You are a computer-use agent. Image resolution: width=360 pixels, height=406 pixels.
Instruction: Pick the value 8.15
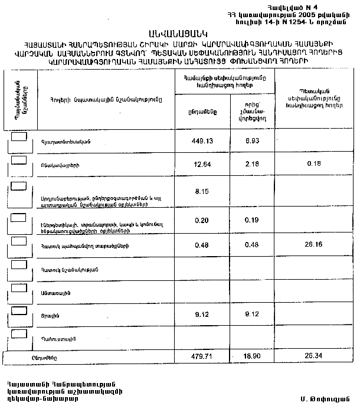[202, 192]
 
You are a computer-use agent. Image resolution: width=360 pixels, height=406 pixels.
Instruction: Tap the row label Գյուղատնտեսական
[65, 142]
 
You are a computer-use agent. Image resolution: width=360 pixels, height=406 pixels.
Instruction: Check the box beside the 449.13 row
[19, 137]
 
